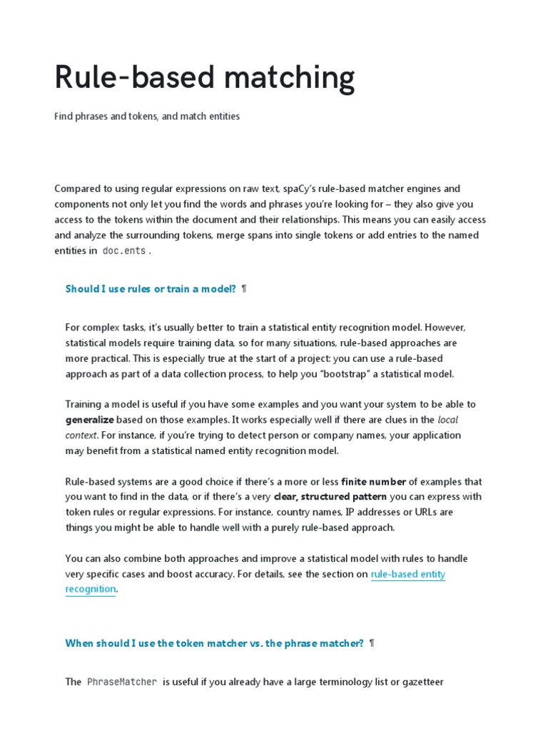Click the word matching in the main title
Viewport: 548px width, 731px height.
[285, 78]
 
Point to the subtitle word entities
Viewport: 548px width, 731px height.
[221, 116]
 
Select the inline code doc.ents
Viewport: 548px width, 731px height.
[124, 251]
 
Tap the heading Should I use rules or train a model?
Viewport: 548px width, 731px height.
[151, 288]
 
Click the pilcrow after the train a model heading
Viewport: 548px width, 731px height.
[244, 288]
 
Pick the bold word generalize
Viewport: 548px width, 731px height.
[89, 420]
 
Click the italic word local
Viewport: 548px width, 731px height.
[447, 420]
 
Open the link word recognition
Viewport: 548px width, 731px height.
[91, 589]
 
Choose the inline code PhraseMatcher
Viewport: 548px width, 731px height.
[122, 682]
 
